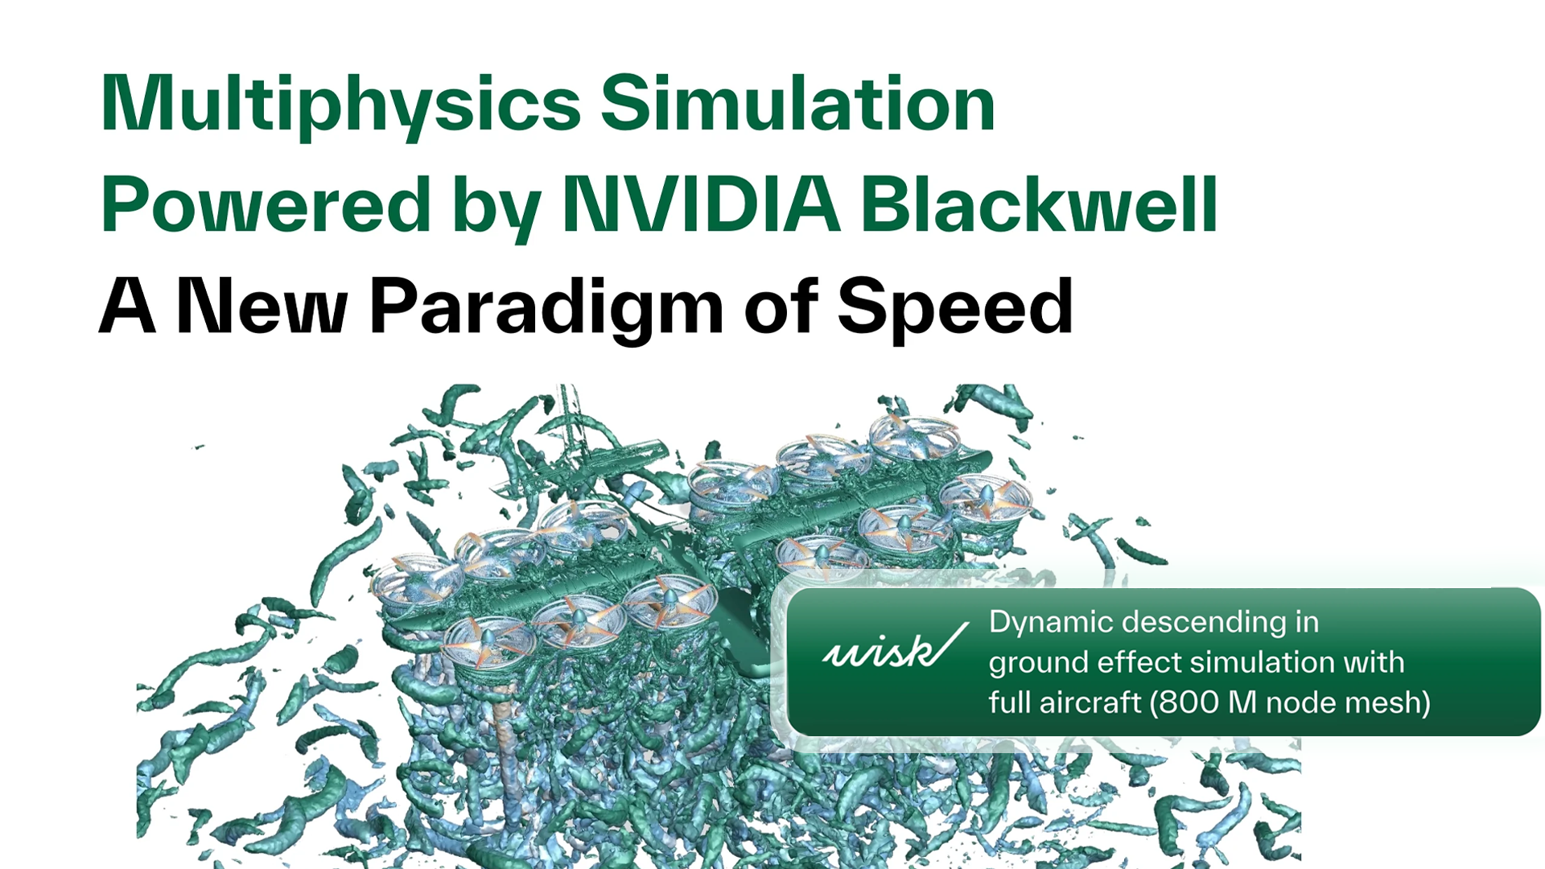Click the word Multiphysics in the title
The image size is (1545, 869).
coord(340,105)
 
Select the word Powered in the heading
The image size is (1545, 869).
coord(266,205)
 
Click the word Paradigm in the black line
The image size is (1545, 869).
coord(546,307)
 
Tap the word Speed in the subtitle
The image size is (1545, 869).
coord(955,307)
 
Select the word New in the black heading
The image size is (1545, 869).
coord(262,307)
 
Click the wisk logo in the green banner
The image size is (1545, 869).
coord(893,649)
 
